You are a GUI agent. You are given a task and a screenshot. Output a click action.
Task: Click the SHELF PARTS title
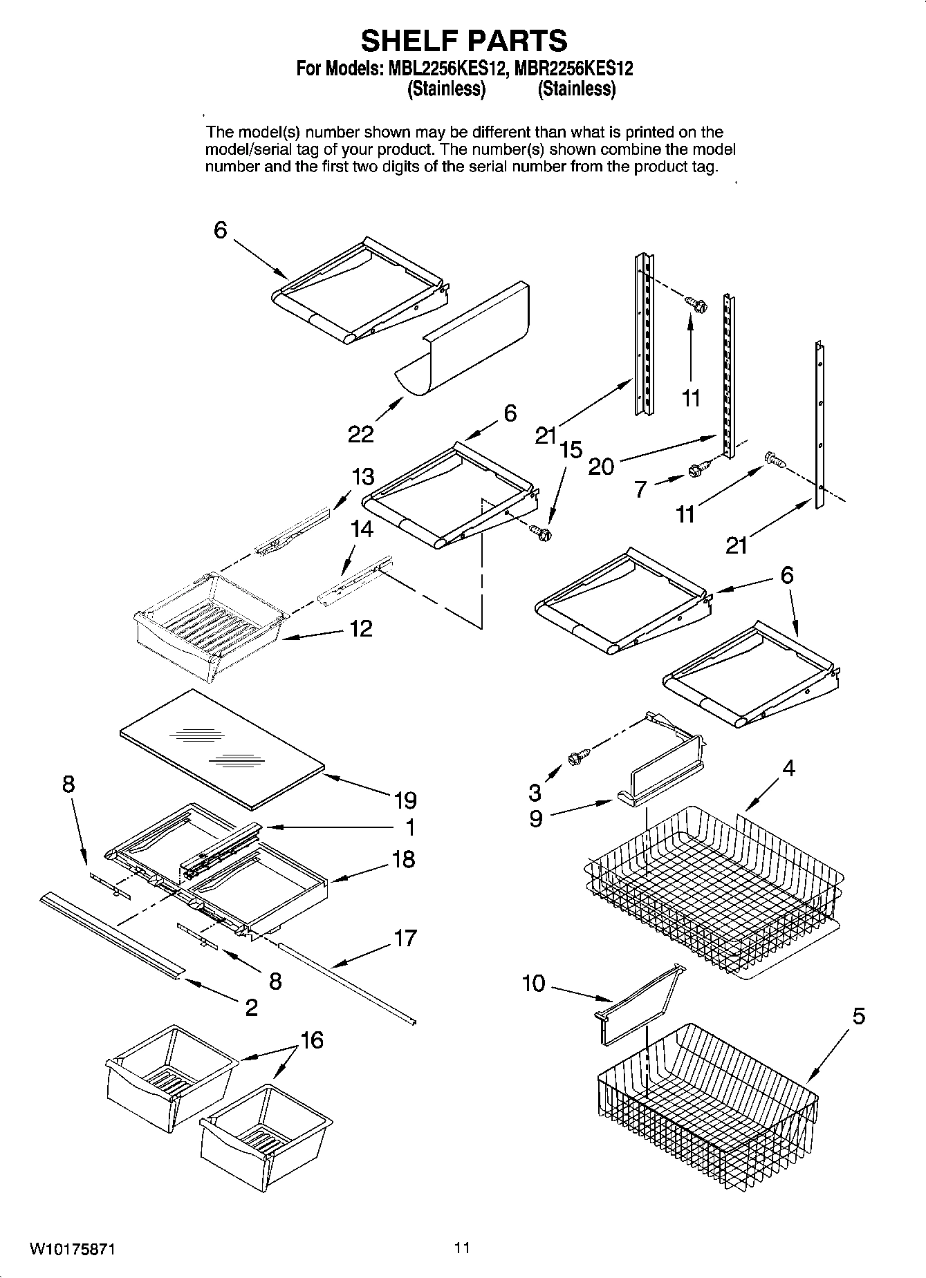464,41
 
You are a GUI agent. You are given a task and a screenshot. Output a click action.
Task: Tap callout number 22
360,434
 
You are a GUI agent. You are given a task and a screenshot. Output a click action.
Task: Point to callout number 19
405,800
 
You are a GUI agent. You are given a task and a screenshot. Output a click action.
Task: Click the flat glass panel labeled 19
221,748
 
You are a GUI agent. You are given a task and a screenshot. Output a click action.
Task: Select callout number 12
361,628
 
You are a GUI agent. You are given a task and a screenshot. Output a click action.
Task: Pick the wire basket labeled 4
712,892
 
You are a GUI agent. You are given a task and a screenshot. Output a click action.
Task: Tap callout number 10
533,983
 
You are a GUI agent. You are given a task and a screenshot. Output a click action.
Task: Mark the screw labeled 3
576,758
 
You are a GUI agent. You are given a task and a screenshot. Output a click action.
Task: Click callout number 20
600,467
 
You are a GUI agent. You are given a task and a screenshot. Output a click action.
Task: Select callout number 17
405,938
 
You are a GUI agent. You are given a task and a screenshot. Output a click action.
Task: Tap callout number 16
312,1040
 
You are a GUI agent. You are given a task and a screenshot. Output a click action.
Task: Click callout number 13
362,476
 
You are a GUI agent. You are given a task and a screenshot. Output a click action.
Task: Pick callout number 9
536,818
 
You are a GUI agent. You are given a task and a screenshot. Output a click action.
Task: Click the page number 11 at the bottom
462,1248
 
